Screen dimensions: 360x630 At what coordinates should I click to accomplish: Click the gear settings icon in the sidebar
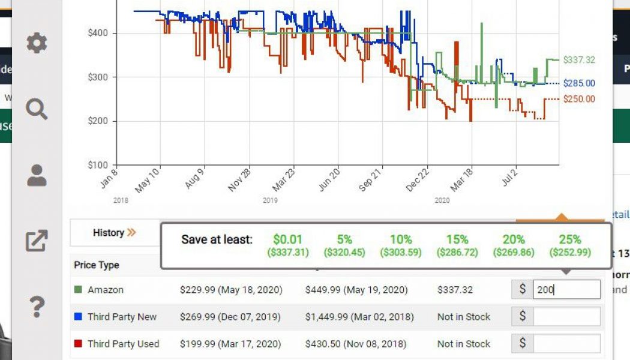pyautogui.click(x=37, y=43)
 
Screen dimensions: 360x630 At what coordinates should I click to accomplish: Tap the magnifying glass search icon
pyautogui.click(x=37, y=110)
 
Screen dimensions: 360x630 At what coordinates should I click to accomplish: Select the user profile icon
pyautogui.click(x=37, y=175)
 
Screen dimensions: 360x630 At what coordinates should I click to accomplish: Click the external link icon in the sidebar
pyautogui.click(x=37, y=241)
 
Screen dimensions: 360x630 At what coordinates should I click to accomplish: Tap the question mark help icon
pyautogui.click(x=37, y=307)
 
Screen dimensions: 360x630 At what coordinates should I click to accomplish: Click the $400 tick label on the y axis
pyautogui.click(x=98, y=32)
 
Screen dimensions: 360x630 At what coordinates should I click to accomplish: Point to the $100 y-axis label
pyautogui.click(x=98, y=165)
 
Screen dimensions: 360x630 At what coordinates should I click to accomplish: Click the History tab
pyautogui.click(x=114, y=233)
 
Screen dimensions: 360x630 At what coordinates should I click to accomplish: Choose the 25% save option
pyautogui.click(x=570, y=245)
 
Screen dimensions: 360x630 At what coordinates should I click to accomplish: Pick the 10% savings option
pyautogui.click(x=401, y=245)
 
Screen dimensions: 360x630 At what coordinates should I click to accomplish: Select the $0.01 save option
pyautogui.click(x=288, y=245)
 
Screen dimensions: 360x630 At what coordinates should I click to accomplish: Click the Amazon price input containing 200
pyautogui.click(x=566, y=290)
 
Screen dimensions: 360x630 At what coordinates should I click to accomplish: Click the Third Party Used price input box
pyautogui.click(x=566, y=344)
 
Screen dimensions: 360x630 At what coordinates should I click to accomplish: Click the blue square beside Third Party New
pyautogui.click(x=78, y=317)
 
